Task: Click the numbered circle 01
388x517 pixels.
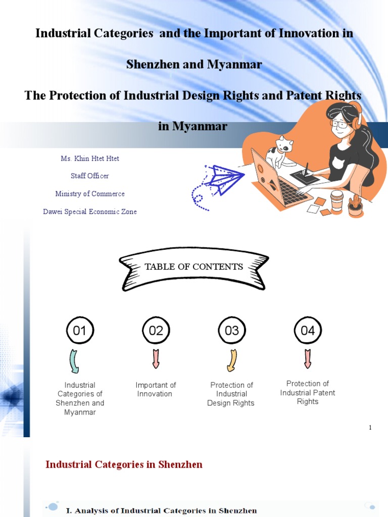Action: coord(80,331)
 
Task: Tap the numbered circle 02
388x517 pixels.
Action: coord(156,331)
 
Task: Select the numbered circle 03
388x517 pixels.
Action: coord(232,331)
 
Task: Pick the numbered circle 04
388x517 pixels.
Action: coord(308,331)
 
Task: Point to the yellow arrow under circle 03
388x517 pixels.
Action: coord(232,360)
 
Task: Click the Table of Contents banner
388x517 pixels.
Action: coord(194,267)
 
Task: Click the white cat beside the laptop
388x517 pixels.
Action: coord(280,151)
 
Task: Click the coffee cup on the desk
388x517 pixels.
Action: coord(337,200)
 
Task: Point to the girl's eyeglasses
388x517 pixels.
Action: coord(340,123)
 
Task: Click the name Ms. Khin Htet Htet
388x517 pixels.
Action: coord(90,159)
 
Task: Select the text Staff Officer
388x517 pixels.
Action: coord(90,176)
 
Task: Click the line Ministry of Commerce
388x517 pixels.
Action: coord(90,194)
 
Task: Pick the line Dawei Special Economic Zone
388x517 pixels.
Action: coord(90,212)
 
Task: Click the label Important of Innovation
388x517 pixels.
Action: coord(156,389)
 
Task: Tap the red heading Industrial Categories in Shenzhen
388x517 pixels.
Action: coord(124,464)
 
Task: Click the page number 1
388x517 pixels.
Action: coord(370,428)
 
